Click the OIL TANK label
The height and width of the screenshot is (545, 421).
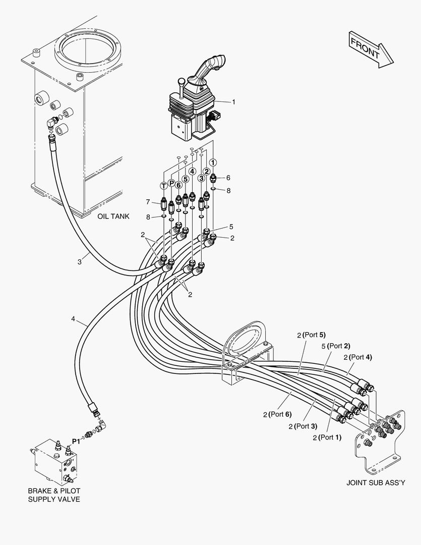pos(113,216)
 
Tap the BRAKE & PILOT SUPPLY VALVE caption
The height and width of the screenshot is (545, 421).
pos(54,495)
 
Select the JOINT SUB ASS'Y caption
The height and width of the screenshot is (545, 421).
pos(376,482)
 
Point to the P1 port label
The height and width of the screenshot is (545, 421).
pos(76,441)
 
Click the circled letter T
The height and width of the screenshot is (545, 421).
pos(163,185)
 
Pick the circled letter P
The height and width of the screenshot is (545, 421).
pos(171,183)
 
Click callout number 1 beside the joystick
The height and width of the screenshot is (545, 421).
pos(233,102)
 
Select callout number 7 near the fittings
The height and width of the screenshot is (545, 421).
pos(148,202)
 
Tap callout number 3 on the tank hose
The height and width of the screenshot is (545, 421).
pos(80,261)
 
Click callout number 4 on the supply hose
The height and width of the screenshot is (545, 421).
pos(73,318)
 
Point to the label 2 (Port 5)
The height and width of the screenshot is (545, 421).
pos(312,335)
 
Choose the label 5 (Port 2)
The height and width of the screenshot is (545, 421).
pos(335,346)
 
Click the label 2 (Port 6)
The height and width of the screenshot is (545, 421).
pos(277,414)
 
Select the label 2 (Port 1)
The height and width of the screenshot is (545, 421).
pos(327,438)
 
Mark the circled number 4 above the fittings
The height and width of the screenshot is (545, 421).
pos(192,171)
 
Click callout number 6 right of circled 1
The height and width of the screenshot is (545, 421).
pos(228,178)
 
